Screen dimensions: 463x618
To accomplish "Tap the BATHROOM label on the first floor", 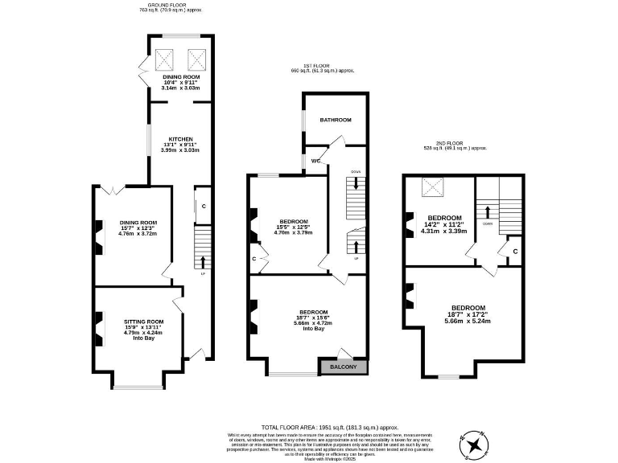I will pyautogui.click(x=336, y=120).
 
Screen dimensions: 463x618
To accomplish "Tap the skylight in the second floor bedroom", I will pyautogui.click(x=435, y=187).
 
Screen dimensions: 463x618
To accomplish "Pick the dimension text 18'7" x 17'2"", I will pyautogui.click(x=468, y=314).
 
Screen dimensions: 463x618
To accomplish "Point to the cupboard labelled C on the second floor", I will pyautogui.click(x=514, y=252).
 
